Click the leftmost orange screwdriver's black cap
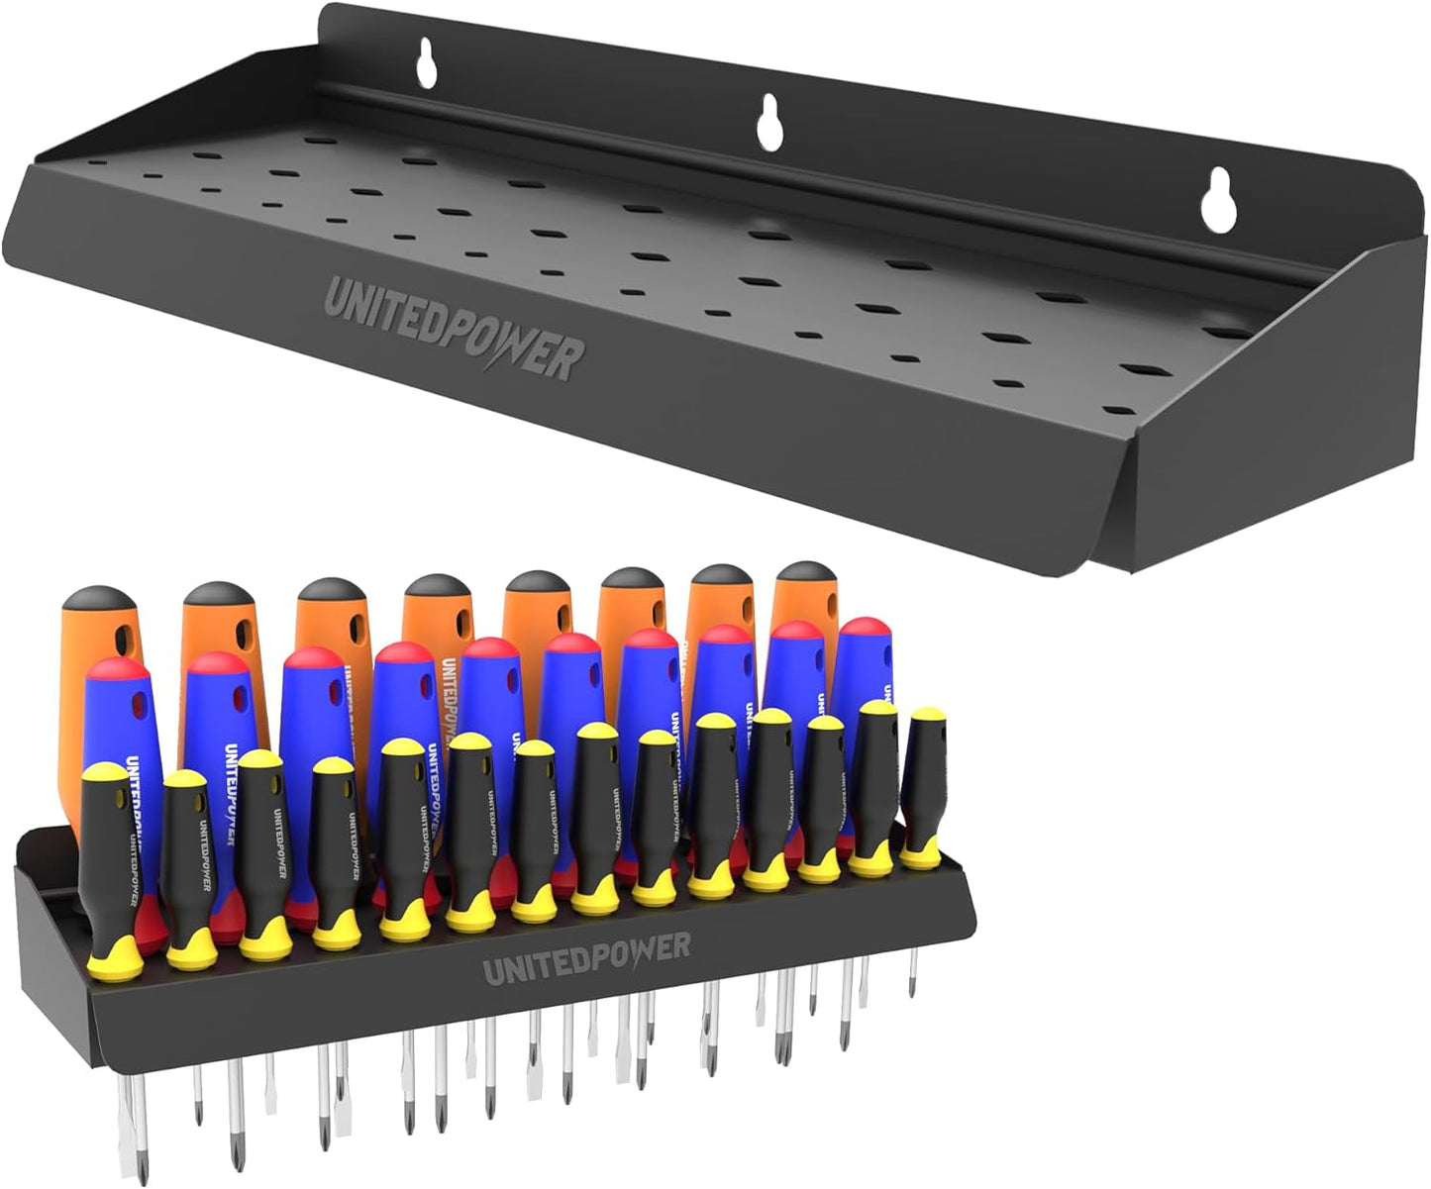(97, 601)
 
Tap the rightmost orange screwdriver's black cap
(804, 574)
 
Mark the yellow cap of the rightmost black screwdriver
(926, 716)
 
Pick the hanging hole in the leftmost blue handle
(138, 707)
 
